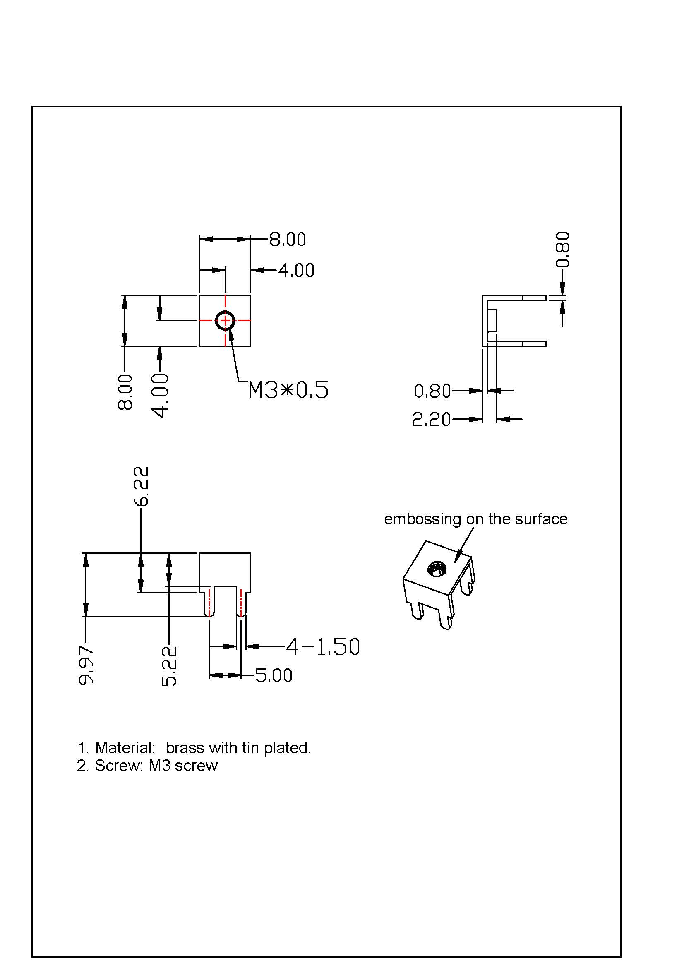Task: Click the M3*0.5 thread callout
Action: (x=288, y=390)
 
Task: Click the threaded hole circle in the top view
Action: (x=225, y=321)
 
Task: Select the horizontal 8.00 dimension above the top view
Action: (x=288, y=240)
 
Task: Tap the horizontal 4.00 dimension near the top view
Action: (x=296, y=271)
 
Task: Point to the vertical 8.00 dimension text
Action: (x=125, y=392)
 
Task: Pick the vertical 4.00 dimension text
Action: (x=160, y=395)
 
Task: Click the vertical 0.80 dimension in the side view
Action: (x=563, y=249)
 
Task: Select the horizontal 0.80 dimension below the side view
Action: (x=432, y=391)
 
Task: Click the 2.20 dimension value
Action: (x=431, y=420)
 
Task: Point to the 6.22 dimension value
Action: (x=142, y=486)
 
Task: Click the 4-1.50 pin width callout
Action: (x=323, y=647)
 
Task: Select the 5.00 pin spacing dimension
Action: (x=274, y=676)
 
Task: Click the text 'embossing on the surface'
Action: (x=475, y=519)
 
